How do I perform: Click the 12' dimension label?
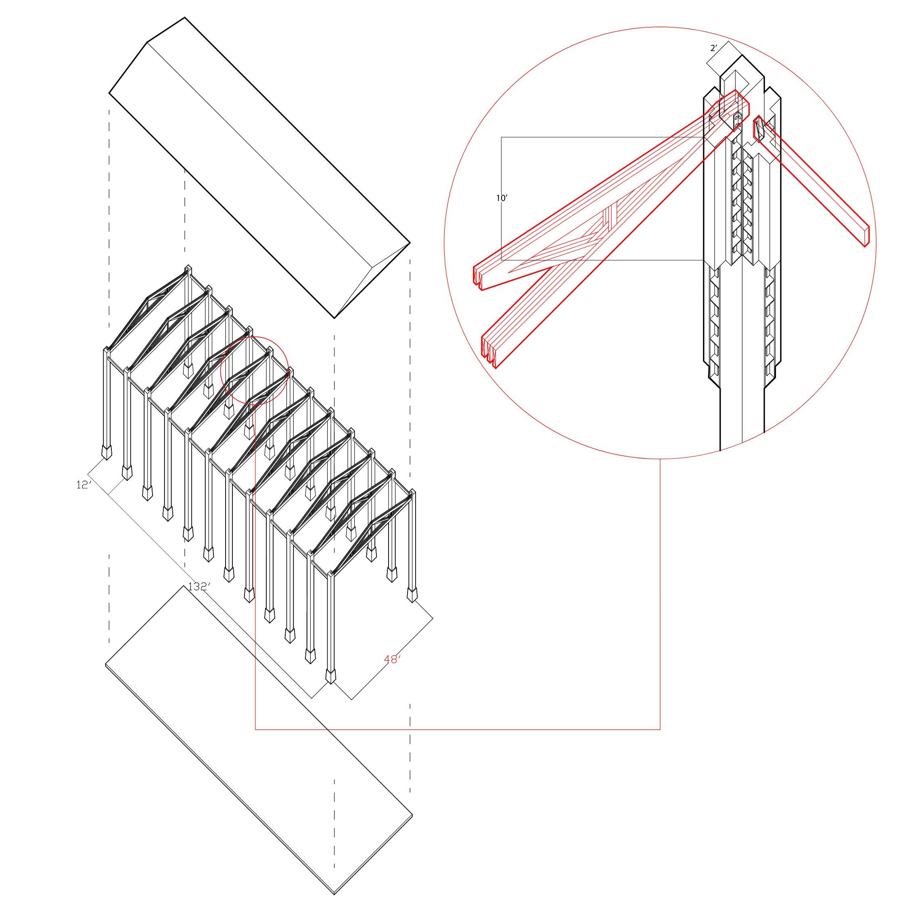(x=83, y=485)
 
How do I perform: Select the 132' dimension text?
(x=198, y=587)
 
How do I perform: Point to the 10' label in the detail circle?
(x=502, y=198)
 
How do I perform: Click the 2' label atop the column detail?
(x=713, y=48)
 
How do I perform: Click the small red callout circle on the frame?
(x=254, y=370)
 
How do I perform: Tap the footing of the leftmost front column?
(x=107, y=452)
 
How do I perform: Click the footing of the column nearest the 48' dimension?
(x=330, y=677)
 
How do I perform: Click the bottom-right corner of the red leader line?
(x=660, y=729)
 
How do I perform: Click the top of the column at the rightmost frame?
(x=412, y=493)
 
